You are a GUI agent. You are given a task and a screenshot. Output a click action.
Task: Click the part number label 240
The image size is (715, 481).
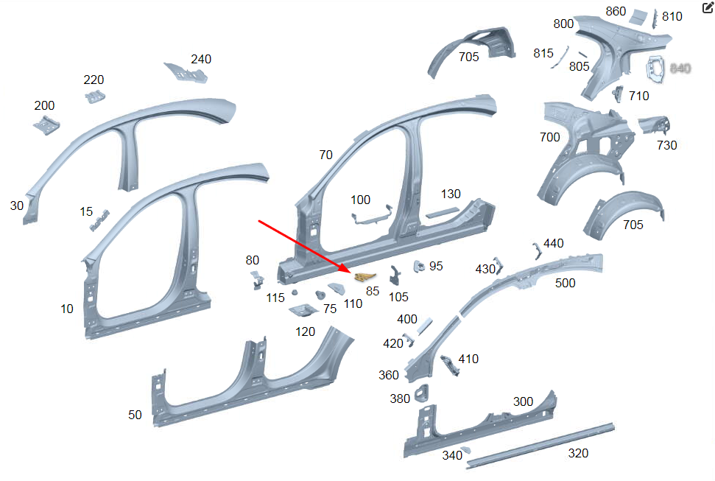tap(201, 60)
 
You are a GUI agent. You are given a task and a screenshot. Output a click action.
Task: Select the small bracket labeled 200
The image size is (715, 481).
tap(46, 125)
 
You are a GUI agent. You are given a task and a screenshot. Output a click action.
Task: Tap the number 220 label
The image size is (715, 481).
tap(94, 80)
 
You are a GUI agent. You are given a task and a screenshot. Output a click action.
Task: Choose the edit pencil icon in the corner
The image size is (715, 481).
tap(708, 8)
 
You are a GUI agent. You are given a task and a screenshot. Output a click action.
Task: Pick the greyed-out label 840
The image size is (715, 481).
tap(680, 69)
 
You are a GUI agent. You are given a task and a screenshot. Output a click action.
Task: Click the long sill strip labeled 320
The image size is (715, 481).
tap(541, 442)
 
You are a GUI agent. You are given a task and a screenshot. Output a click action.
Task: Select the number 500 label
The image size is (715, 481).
tap(566, 284)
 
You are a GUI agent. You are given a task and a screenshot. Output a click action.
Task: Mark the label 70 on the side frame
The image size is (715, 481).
tap(325, 155)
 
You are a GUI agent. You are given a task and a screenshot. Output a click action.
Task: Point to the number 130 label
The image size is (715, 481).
tap(451, 194)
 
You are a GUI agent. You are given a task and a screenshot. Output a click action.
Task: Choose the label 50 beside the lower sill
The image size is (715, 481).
tap(135, 415)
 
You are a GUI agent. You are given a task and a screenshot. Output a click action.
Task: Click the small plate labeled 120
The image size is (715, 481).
tap(303, 311)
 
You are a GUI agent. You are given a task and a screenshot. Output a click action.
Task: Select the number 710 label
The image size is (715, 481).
tap(639, 96)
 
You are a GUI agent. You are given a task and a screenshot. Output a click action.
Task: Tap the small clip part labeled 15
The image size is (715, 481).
tap(99, 220)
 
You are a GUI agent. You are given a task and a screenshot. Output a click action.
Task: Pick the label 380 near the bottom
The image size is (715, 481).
tap(400, 399)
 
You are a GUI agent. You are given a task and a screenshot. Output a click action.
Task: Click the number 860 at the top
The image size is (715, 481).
tap(616, 11)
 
